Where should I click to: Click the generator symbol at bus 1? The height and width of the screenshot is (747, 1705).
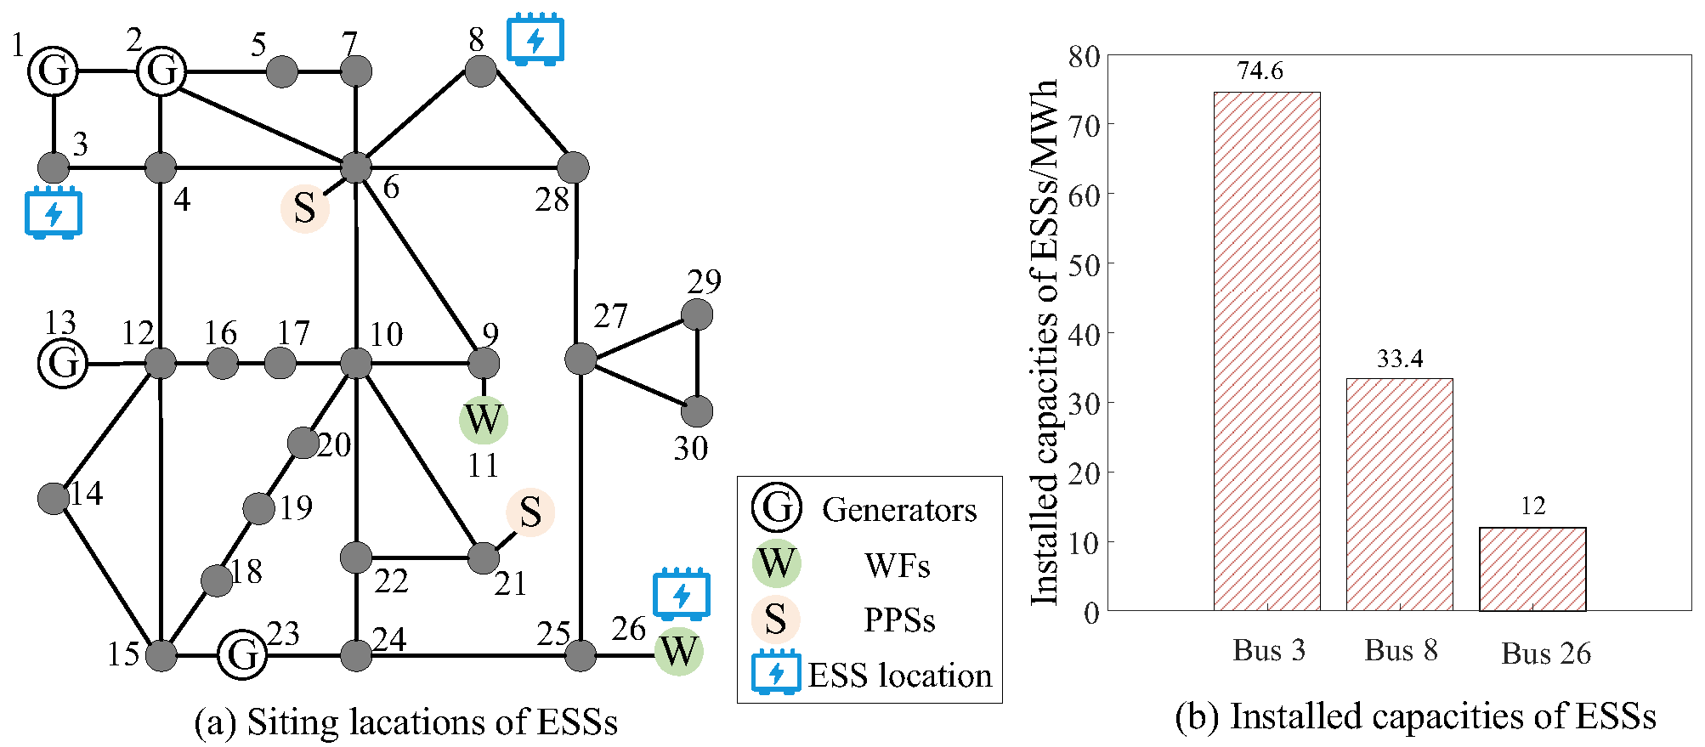point(54,71)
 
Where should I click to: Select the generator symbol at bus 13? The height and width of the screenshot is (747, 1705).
point(64,363)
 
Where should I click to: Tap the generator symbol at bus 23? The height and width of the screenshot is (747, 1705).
point(243,655)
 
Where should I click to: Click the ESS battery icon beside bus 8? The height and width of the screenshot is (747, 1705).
point(535,39)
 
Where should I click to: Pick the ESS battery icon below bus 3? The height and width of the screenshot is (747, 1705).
point(54,212)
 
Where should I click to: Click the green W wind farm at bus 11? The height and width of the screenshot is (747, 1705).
point(484,420)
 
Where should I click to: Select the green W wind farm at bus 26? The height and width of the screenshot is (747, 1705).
point(679,651)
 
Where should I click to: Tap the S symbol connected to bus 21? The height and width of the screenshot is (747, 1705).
point(530,512)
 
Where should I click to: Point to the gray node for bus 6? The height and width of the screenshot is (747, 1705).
point(356,167)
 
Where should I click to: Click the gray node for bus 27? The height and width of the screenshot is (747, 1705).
point(581,359)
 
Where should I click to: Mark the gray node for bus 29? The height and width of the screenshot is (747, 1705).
point(698,314)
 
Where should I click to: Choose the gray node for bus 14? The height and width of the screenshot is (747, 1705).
point(54,498)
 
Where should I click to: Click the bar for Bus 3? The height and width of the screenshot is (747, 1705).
point(1267,351)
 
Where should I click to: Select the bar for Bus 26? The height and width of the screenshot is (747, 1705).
point(1532,569)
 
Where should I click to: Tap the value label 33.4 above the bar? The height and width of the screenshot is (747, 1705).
point(1400,359)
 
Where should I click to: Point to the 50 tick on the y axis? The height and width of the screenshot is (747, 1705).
point(1084,264)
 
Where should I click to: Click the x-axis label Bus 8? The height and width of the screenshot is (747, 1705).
point(1401,651)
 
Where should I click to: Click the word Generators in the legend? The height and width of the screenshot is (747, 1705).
point(899,510)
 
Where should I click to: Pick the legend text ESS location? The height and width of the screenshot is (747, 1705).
point(900,676)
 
